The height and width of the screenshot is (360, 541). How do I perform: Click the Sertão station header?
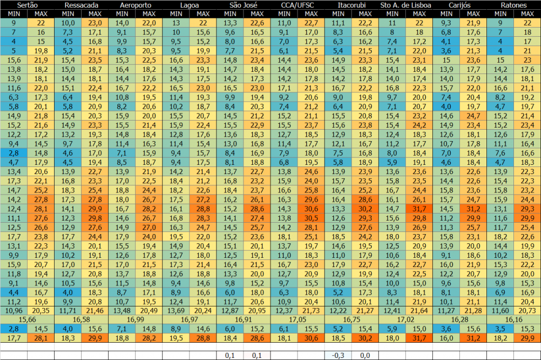click(27, 5)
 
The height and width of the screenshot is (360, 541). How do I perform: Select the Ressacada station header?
click(81, 5)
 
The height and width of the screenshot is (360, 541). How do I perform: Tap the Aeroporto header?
click(135, 5)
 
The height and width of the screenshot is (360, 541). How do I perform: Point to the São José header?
click(243, 5)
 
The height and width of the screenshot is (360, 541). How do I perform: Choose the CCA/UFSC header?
click(298, 5)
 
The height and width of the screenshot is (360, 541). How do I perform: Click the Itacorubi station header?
click(352, 5)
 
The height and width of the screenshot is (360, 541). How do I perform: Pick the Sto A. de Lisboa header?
click(406, 5)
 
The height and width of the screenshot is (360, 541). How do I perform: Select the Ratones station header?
click(514, 5)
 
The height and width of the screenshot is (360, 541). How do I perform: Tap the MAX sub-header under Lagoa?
click(203, 13)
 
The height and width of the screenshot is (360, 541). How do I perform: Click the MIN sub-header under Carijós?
click(446, 13)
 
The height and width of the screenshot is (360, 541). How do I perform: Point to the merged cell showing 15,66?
click(27, 319)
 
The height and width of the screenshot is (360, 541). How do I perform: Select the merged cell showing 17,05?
click(298, 319)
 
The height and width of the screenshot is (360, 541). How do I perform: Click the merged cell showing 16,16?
click(514, 319)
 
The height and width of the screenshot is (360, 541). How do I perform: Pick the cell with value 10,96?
click(14, 310)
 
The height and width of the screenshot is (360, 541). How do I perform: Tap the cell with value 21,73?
click(311, 310)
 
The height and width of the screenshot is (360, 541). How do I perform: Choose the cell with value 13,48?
click(122, 310)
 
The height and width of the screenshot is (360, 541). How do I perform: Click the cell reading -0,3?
click(338, 355)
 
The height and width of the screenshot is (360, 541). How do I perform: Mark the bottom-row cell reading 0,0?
click(365, 355)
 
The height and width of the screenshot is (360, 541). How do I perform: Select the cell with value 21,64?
click(419, 310)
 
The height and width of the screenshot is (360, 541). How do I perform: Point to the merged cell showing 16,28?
click(460, 319)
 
